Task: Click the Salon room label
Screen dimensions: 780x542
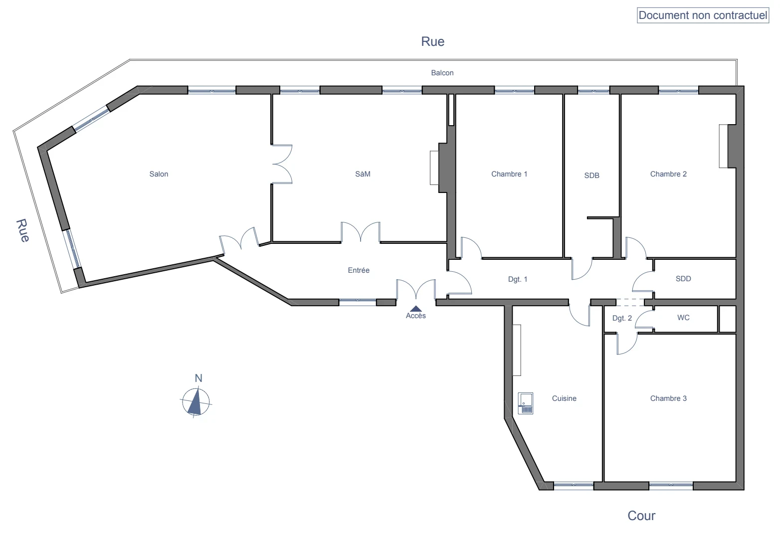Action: click(159, 174)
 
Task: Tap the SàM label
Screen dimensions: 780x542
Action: click(363, 174)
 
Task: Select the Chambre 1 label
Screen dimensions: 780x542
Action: click(509, 174)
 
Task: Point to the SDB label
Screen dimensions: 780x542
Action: click(591, 176)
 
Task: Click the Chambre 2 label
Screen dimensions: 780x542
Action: click(668, 174)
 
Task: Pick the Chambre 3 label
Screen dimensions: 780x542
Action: click(668, 398)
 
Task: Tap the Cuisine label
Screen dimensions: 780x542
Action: click(564, 398)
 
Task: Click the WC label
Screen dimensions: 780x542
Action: click(683, 318)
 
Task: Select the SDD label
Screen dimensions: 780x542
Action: click(683, 279)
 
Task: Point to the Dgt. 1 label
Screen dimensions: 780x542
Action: click(518, 279)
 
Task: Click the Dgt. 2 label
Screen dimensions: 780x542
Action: click(622, 318)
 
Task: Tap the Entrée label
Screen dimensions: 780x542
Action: click(359, 270)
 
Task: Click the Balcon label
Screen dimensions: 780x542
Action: click(442, 73)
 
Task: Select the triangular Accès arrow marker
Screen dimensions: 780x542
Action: click(416, 309)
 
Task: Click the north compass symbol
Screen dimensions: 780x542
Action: click(196, 402)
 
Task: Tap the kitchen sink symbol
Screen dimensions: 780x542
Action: click(526, 403)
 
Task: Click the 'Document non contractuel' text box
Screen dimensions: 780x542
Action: click(703, 15)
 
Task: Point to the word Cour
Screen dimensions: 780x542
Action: click(641, 516)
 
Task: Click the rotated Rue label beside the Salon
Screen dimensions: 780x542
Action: click(22, 230)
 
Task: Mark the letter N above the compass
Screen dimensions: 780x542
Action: click(198, 378)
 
